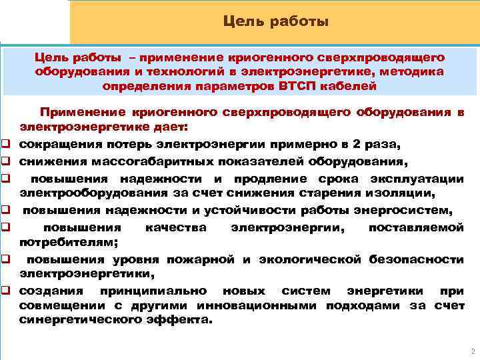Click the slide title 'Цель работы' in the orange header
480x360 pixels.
click(276, 22)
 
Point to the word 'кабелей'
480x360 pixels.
click(350, 86)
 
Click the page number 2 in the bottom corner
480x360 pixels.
click(471, 351)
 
